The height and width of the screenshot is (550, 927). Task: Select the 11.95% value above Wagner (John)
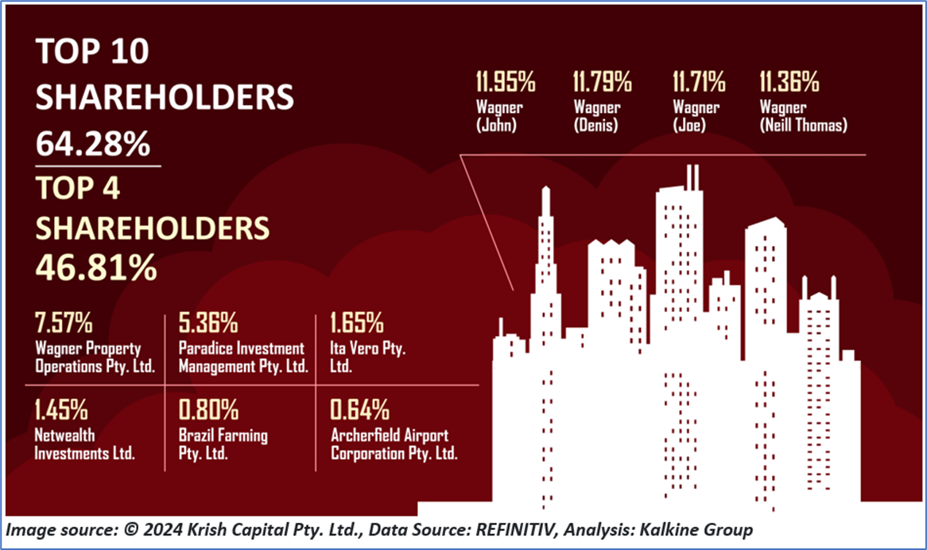pos(506,81)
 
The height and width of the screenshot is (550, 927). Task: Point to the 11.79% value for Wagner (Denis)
pos(603,81)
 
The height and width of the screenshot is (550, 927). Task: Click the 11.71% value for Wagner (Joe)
pos(699,81)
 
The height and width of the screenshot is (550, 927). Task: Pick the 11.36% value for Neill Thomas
pos(789,81)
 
